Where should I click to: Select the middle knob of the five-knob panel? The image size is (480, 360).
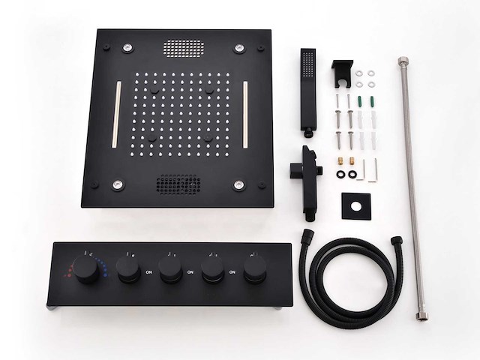tap(171, 269)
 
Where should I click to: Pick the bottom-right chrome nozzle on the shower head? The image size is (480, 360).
tap(238, 184)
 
